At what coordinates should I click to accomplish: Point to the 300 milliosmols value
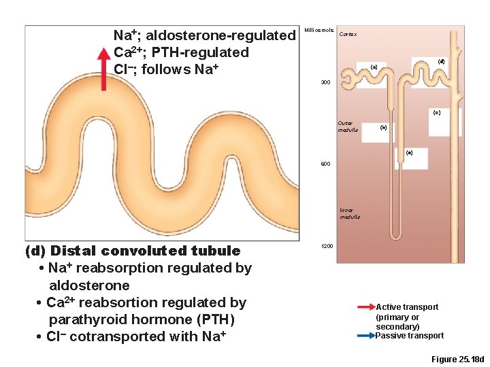pos(325,82)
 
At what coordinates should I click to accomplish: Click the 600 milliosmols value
pos(325,164)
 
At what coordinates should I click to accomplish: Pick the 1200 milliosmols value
pos(327,245)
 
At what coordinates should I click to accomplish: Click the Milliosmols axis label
pos(319,31)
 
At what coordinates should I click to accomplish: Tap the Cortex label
pos(347,34)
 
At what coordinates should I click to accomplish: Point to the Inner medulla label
pos(350,213)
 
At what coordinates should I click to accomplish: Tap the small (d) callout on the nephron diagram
pos(441,61)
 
